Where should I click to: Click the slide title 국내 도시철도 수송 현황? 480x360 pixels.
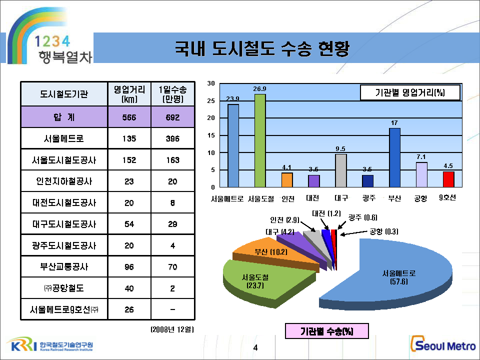pyautogui.click(x=261, y=48)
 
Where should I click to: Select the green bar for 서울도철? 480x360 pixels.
pyautogui.click(x=260, y=140)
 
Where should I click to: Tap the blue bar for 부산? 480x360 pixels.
pyautogui.click(x=394, y=157)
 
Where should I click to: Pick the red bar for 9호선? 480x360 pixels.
pyautogui.click(x=448, y=179)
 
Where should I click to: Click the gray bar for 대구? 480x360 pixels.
pyautogui.click(x=340, y=170)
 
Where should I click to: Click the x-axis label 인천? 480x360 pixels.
pyautogui.click(x=288, y=198)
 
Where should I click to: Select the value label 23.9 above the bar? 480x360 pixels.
pyautogui.click(x=232, y=98)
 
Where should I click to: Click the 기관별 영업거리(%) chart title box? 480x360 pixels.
pyautogui.click(x=410, y=93)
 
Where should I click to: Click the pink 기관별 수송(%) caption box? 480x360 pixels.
pyautogui.click(x=326, y=331)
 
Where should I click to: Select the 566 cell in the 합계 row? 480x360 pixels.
pyautogui.click(x=129, y=117)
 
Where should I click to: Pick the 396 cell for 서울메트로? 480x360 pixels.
pyautogui.click(x=172, y=138)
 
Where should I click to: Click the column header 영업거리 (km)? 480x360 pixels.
pyautogui.click(x=129, y=94)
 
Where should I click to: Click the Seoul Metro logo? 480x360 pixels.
pyautogui.click(x=442, y=344)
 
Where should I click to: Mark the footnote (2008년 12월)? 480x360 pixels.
pyautogui.click(x=172, y=329)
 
